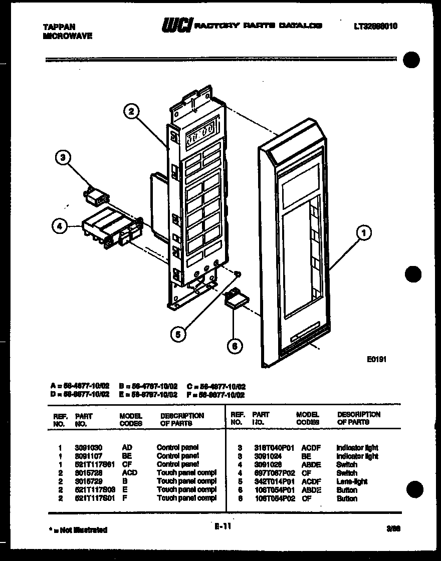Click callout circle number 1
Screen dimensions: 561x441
pyautogui.click(x=363, y=232)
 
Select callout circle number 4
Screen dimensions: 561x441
pyautogui.click(x=60, y=227)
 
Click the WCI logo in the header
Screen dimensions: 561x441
pyautogui.click(x=176, y=25)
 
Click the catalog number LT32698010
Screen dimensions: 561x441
pyautogui.click(x=375, y=26)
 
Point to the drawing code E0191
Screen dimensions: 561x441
pyautogui.click(x=376, y=359)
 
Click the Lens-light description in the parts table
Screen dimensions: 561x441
pyautogui.click(x=352, y=481)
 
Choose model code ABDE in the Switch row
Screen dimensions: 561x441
pyautogui.click(x=311, y=464)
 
